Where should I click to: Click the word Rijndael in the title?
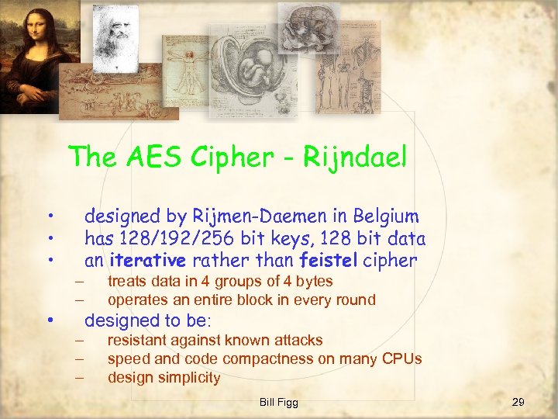pyautogui.click(x=354, y=158)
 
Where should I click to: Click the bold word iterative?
pyautogui.click(x=148, y=261)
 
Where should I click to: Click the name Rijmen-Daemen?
pyautogui.click(x=246, y=216)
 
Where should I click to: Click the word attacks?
pyautogui.click(x=298, y=341)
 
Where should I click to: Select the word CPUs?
pyautogui.click(x=401, y=359)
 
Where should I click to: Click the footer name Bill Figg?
pyautogui.click(x=279, y=402)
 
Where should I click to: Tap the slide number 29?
pyautogui.click(x=518, y=402)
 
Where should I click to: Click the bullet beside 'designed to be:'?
pyautogui.click(x=49, y=320)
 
